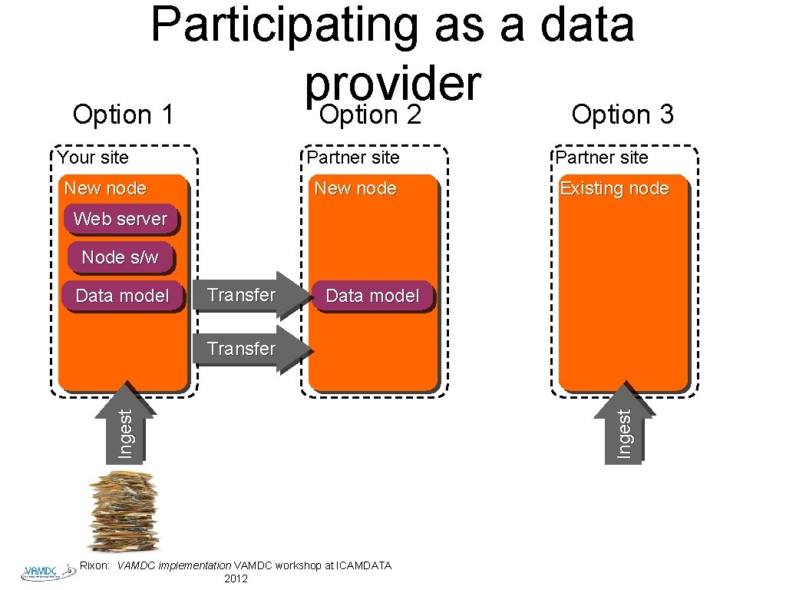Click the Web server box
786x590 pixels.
pos(121,219)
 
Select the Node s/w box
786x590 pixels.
pos(120,257)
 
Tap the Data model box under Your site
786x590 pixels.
pos(123,296)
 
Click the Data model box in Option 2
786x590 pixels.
pos(372,296)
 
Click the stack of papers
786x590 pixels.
pos(123,511)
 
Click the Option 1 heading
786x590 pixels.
pos(123,115)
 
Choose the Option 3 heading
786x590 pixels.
pos(623,115)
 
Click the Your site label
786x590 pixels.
pos(94,158)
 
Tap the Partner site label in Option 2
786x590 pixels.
pos(352,158)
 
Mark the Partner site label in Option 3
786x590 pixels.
pos(602,158)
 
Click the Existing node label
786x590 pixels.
pos(614,188)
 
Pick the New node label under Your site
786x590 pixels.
pos(105,188)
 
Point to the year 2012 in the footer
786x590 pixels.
pos(235,578)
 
